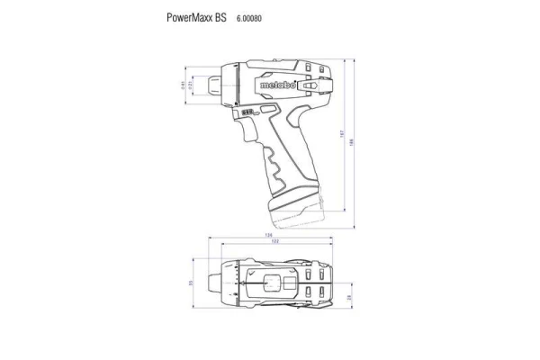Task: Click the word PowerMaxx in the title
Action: (x=189, y=17)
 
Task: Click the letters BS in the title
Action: (x=220, y=17)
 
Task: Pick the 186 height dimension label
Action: (x=352, y=144)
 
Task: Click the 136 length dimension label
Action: (x=268, y=236)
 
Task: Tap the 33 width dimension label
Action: (x=191, y=283)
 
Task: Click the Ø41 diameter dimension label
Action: (x=184, y=86)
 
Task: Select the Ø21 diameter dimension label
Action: (x=192, y=86)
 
